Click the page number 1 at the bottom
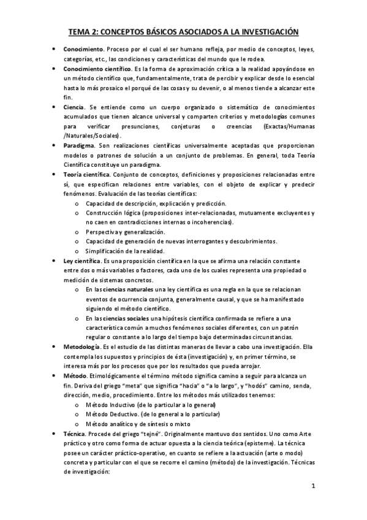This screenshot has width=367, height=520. pos(313,487)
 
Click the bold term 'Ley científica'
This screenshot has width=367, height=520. pos(81,261)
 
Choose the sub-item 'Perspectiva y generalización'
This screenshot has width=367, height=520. pos(126,232)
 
